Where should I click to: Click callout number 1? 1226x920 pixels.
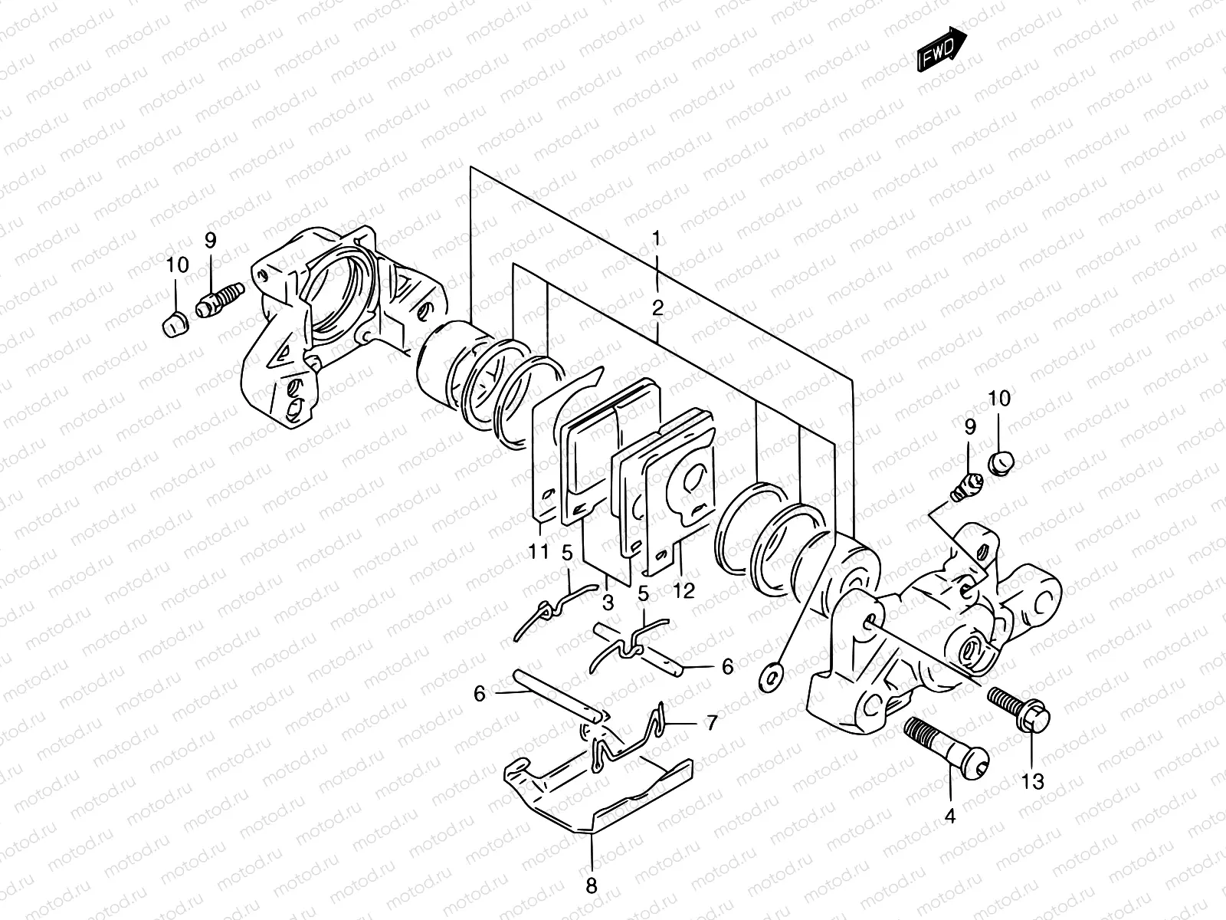(x=656, y=238)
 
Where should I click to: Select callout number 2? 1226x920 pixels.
(x=657, y=309)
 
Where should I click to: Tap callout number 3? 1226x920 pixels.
(x=608, y=602)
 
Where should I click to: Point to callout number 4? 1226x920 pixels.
(x=950, y=816)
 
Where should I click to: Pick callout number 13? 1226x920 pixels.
(x=1033, y=781)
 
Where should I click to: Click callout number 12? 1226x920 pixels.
(x=683, y=590)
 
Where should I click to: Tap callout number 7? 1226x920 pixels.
(x=712, y=722)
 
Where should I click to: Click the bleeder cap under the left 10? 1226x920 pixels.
(x=175, y=326)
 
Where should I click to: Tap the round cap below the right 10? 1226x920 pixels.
(x=1001, y=462)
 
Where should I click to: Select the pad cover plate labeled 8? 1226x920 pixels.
(x=598, y=790)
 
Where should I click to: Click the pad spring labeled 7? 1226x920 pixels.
(x=621, y=740)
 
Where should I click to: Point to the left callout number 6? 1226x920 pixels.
(x=480, y=694)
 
